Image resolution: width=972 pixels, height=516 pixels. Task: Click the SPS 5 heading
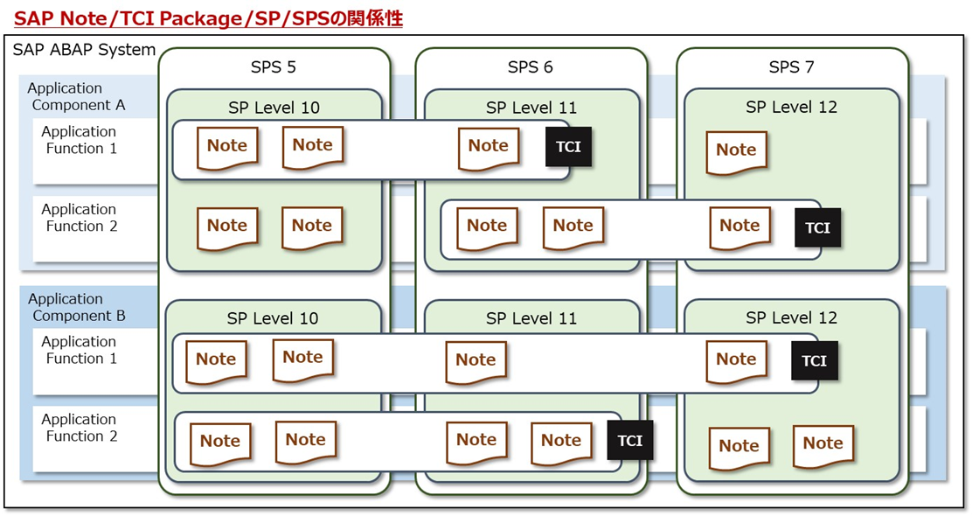274,67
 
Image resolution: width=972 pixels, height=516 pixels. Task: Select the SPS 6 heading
530,67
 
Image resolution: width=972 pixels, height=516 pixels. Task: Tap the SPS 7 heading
791,67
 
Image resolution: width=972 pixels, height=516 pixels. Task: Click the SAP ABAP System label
84,50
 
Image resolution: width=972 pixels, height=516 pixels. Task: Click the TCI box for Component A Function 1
568,147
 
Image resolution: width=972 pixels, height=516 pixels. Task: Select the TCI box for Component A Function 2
817,227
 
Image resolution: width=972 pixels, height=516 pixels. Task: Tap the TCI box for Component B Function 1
814,360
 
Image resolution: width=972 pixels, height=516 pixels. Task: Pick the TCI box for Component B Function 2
629,441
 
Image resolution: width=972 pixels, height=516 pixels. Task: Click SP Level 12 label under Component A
791,107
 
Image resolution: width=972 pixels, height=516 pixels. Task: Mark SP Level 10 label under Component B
273,318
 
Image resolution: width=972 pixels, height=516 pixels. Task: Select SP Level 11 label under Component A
531,108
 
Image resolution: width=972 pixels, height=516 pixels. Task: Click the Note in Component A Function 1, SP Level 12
736,151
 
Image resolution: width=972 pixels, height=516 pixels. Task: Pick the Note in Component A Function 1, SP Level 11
489,147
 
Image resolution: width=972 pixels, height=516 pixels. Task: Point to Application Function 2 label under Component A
79,218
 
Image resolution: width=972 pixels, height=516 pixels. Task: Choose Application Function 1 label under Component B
79,350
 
